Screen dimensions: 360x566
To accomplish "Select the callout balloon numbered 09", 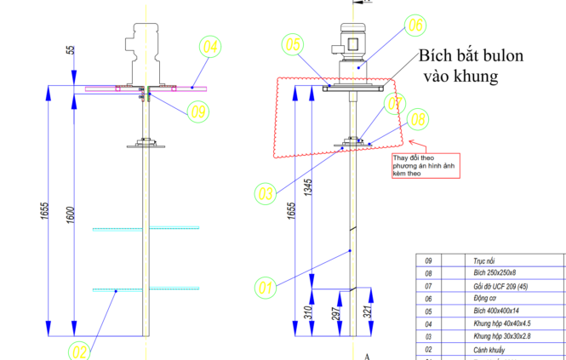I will [197, 110].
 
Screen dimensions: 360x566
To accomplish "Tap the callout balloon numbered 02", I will [78, 349].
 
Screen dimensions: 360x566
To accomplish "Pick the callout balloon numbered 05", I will [293, 43].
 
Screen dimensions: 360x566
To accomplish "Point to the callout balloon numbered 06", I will [414, 26].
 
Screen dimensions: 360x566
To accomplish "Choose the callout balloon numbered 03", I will [266, 193].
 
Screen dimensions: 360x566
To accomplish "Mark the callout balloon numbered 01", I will [266, 287].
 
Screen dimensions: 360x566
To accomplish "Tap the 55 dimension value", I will [70, 51].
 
